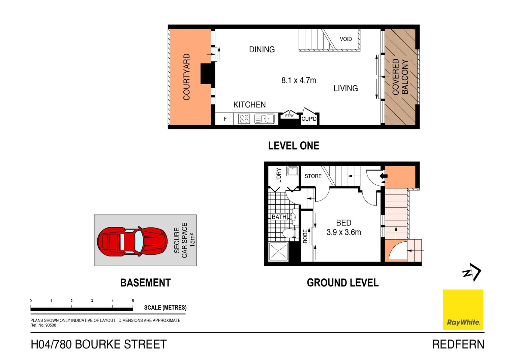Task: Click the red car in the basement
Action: click(x=132, y=241)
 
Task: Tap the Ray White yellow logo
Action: click(x=463, y=309)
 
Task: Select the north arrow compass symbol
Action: click(x=472, y=272)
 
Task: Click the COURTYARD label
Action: click(x=186, y=77)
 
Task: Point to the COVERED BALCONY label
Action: click(x=400, y=77)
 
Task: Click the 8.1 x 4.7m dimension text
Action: click(x=299, y=80)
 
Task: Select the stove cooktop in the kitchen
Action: click(x=244, y=119)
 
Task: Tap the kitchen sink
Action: click(x=265, y=119)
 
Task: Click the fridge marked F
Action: click(x=225, y=119)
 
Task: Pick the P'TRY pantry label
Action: click(x=289, y=116)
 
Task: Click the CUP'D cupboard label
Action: click(x=309, y=119)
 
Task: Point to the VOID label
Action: click(x=345, y=39)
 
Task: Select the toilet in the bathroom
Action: click(x=289, y=233)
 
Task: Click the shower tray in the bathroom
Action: click(x=278, y=251)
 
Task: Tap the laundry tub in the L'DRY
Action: click(x=292, y=171)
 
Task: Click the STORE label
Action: click(x=313, y=176)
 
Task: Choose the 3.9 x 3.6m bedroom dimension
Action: click(x=343, y=232)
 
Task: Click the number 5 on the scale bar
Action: click(x=133, y=301)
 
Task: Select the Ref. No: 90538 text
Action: click(x=43, y=325)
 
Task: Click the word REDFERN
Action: click(x=458, y=344)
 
